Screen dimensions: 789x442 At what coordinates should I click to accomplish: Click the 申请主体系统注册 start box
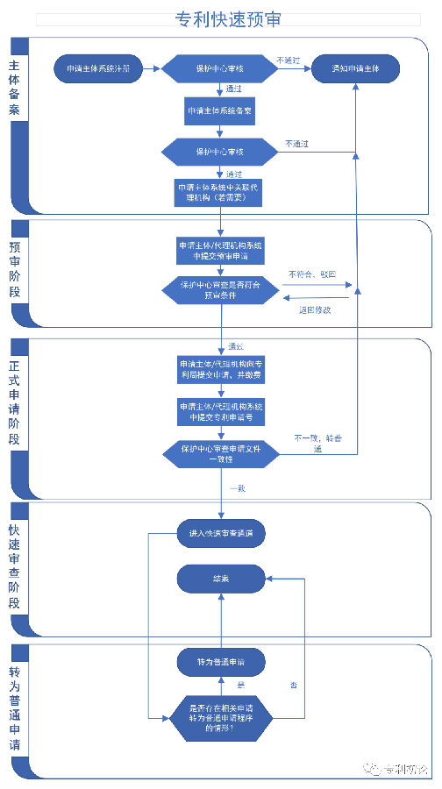96,68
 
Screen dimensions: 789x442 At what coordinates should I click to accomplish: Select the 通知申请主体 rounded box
355,68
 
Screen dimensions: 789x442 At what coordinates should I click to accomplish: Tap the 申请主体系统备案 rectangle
221,111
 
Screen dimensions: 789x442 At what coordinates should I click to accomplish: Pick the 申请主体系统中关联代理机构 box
221,192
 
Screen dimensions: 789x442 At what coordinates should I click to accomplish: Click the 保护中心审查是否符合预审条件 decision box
221,290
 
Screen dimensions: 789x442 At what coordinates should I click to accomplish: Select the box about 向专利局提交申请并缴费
221,369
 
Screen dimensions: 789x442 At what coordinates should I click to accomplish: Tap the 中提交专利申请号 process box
221,411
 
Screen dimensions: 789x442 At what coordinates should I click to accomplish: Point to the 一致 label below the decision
237,487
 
